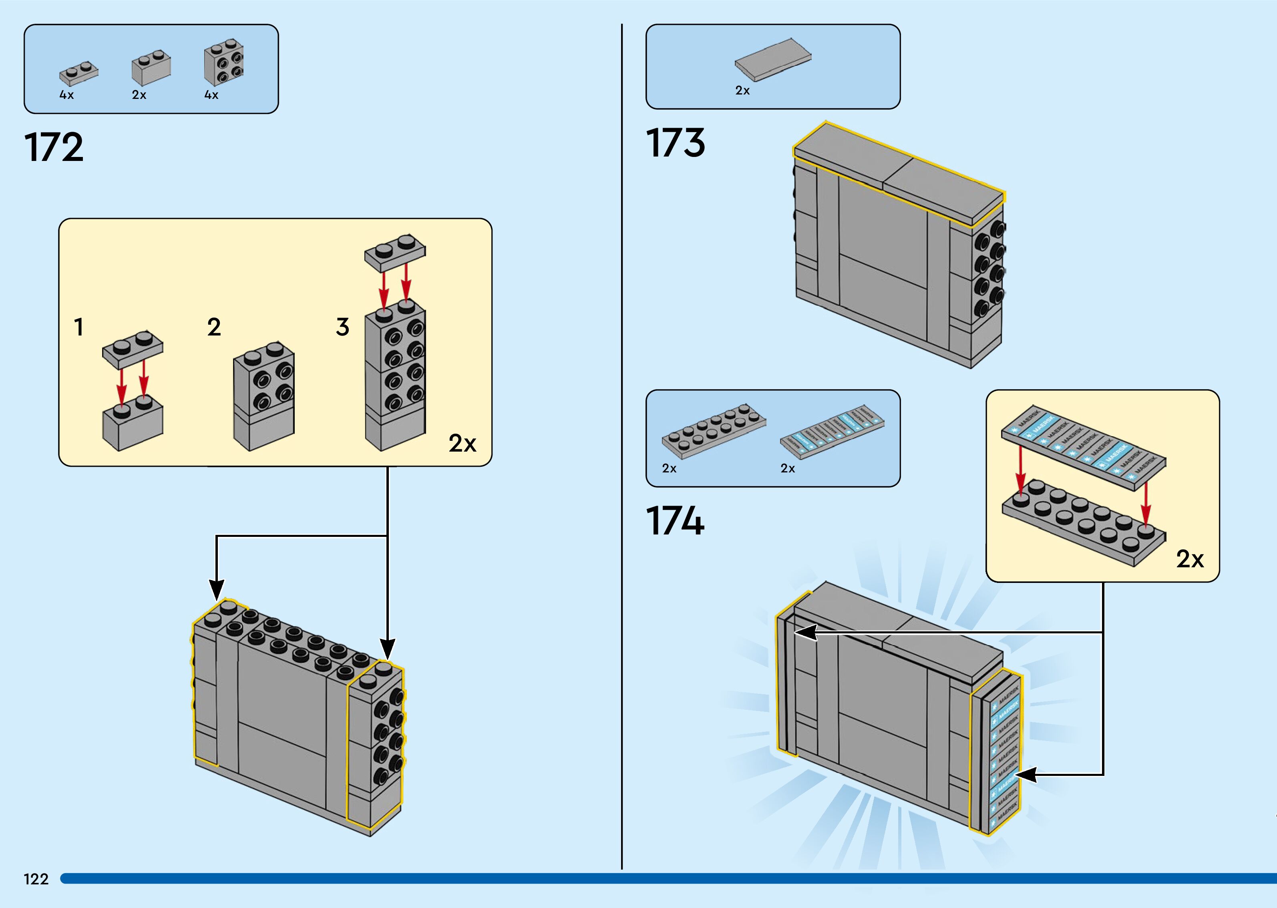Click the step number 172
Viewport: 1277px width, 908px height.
54,148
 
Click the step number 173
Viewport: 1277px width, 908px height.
676,143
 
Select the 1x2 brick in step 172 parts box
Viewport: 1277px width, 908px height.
151,68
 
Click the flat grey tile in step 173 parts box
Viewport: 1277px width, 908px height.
773,59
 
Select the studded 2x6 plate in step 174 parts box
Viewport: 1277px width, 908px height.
714,430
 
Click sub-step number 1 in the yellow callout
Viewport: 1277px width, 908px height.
79,327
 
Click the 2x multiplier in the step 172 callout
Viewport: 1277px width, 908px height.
463,443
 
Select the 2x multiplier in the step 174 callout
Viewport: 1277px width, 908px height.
1190,559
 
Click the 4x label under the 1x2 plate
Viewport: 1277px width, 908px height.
66,95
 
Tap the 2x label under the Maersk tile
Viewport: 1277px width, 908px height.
788,468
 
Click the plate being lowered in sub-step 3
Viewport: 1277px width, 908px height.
395,252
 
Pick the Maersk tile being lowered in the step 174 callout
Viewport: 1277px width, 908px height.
1083,448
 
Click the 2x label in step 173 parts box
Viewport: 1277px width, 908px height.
742,90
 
